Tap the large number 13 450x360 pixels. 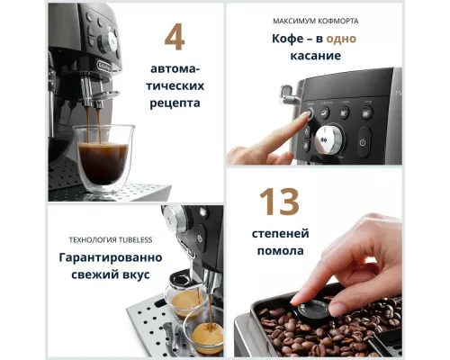(x=279, y=203)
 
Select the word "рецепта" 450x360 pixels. (x=175, y=103)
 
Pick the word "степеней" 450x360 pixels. (x=279, y=232)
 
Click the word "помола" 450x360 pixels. (x=279, y=250)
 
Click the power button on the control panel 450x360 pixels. (x=364, y=141)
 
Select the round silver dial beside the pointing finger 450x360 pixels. (x=330, y=139)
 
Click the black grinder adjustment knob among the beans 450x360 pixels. (x=311, y=310)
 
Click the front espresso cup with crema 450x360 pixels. (x=207, y=335)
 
